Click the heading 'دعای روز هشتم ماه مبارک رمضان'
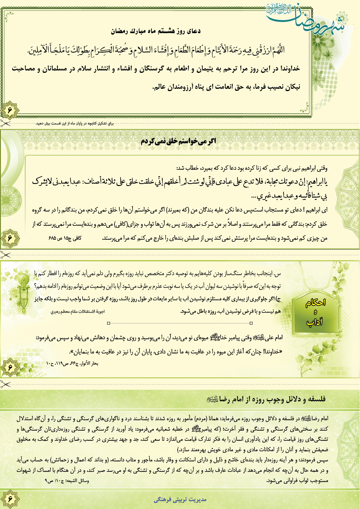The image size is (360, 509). (x=155, y=31)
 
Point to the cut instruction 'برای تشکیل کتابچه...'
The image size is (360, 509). (x=75, y=124)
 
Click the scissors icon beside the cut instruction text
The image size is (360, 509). (x=5, y=124)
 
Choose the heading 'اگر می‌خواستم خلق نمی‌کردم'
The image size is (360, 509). (x=178, y=141)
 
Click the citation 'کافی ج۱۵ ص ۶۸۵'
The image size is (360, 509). (x=65, y=238)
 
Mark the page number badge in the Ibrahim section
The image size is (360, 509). (x=10, y=238)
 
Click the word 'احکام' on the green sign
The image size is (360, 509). (x=315, y=303)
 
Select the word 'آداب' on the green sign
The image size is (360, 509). (x=315, y=322)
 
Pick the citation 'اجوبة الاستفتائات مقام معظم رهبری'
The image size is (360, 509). (x=77, y=312)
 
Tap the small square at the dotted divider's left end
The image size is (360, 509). (x=108, y=323)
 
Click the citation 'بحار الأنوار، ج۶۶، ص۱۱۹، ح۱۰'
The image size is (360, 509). (x=72, y=363)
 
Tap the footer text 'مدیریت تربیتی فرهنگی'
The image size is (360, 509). (x=180, y=499)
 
